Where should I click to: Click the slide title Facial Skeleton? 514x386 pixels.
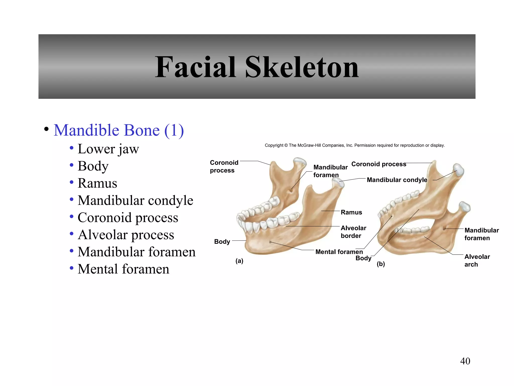(257, 67)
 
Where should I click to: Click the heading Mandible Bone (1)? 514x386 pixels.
(119, 130)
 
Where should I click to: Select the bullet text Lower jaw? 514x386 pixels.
(108, 149)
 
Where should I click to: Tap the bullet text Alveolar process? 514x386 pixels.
(126, 235)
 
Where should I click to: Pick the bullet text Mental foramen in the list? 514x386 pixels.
(123, 269)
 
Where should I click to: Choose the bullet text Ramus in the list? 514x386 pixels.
(97, 183)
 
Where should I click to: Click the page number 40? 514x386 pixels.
(465, 361)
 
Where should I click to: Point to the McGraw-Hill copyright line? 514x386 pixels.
(355, 145)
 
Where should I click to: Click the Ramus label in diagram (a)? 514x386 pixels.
(351, 212)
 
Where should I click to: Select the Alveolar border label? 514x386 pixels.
(353, 232)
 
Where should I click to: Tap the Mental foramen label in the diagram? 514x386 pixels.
(339, 252)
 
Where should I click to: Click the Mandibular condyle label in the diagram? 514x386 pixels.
(397, 180)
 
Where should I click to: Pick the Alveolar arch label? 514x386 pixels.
(477, 260)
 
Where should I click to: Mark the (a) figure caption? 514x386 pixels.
(239, 261)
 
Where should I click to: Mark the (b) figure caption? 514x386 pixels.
(381, 264)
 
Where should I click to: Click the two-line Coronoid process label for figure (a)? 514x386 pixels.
(224, 166)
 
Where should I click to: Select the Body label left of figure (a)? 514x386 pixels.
(222, 242)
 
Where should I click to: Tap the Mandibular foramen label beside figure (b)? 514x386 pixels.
(481, 234)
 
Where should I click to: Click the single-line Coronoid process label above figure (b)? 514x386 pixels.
(378, 164)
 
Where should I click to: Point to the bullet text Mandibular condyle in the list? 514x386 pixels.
(135, 200)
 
